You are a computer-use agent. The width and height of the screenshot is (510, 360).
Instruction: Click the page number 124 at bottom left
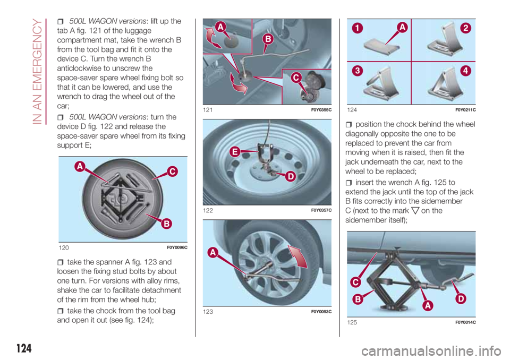[24, 348]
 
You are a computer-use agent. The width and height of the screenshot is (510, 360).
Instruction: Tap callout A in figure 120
[80, 167]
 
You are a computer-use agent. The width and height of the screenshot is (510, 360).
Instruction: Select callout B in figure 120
[166, 224]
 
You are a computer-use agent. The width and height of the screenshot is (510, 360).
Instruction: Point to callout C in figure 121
[296, 78]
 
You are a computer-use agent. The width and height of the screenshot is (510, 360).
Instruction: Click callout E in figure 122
[235, 151]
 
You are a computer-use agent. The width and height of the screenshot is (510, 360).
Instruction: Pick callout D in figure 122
[290, 177]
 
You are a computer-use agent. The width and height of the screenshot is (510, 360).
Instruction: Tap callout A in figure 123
[212, 252]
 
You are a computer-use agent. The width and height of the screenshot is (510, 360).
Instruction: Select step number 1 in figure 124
[357, 28]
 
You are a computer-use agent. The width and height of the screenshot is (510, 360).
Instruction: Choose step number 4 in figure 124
[465, 71]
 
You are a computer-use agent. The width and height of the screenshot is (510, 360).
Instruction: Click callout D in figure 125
[461, 298]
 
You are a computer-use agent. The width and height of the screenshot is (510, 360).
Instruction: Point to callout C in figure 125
[356, 282]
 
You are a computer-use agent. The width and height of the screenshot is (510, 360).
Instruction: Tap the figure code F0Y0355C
[321, 110]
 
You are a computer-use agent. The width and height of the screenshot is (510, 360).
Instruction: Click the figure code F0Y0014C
[465, 322]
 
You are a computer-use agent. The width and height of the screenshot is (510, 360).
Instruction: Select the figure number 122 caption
[208, 210]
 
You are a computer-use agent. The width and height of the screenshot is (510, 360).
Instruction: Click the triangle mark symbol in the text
[415, 211]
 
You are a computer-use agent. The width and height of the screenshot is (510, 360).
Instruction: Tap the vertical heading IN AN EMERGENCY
[37, 72]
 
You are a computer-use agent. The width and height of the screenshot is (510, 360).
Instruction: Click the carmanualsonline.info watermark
[431, 351]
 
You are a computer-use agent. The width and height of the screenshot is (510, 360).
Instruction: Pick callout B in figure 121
[268, 39]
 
